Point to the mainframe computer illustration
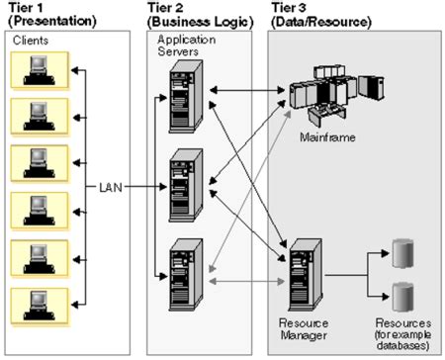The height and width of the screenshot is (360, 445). pyautogui.click(x=331, y=95)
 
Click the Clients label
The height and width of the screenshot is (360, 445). pyautogui.click(x=30, y=41)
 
